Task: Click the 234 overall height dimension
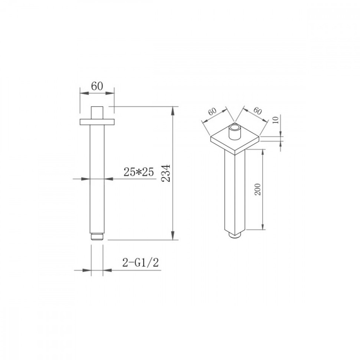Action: pyautogui.click(x=166, y=173)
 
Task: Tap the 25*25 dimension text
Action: pyautogui.click(x=139, y=172)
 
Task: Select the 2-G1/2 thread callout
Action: pyautogui.click(x=141, y=263)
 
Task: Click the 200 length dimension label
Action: pyautogui.click(x=258, y=189)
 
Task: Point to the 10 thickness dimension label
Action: pyautogui.click(x=276, y=120)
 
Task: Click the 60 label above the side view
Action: pyautogui.click(x=97, y=86)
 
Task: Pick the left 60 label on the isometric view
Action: pyautogui.click(x=212, y=112)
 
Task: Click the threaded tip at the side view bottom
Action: pyautogui.click(x=97, y=237)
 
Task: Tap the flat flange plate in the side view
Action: pyautogui.click(x=97, y=122)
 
